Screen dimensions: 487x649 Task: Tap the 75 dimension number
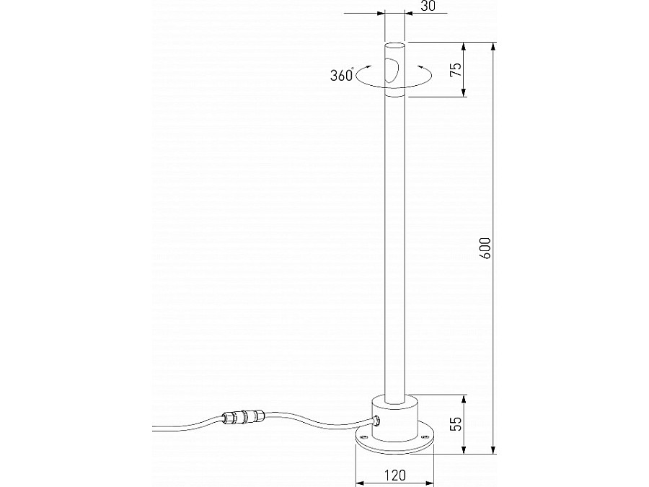pos(455,69)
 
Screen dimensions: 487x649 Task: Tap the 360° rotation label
pos(341,75)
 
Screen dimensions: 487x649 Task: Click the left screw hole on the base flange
pos(362,436)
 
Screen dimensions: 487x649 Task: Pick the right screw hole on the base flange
pos(425,436)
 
